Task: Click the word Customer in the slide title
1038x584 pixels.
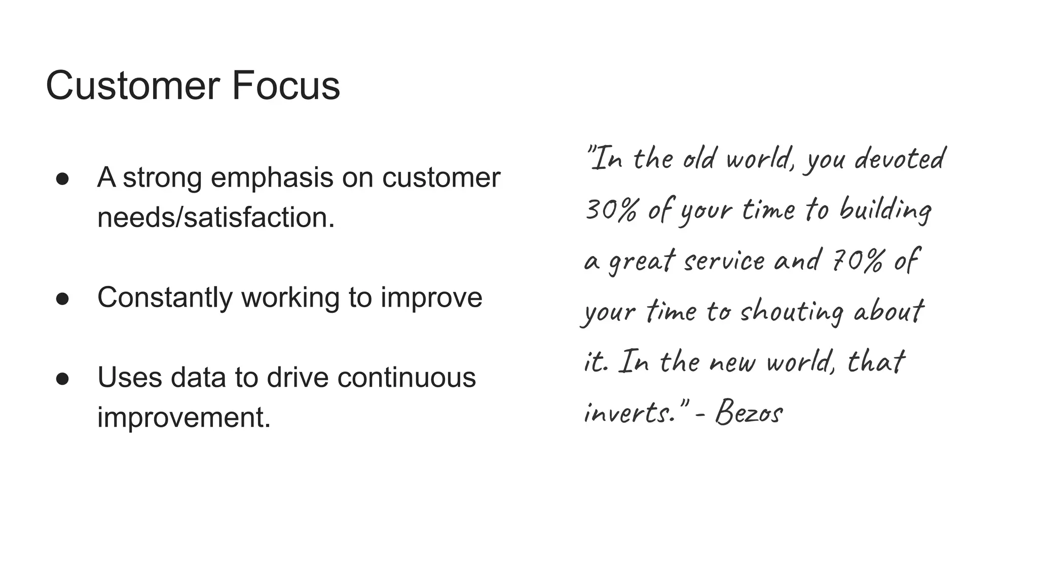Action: [133, 86]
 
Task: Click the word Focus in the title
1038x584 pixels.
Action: [286, 86]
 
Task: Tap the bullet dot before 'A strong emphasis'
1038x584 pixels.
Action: [62, 179]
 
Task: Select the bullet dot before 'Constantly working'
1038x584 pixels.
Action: [62, 299]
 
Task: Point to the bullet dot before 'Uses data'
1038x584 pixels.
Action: [62, 379]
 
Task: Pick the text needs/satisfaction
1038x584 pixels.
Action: [216, 218]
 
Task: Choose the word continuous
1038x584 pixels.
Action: [406, 378]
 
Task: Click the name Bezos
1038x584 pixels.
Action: [749, 413]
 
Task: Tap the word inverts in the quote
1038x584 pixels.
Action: [628, 413]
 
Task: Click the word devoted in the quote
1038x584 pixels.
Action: [899, 159]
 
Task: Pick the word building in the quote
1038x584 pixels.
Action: [885, 210]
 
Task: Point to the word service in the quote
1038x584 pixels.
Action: [724, 261]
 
